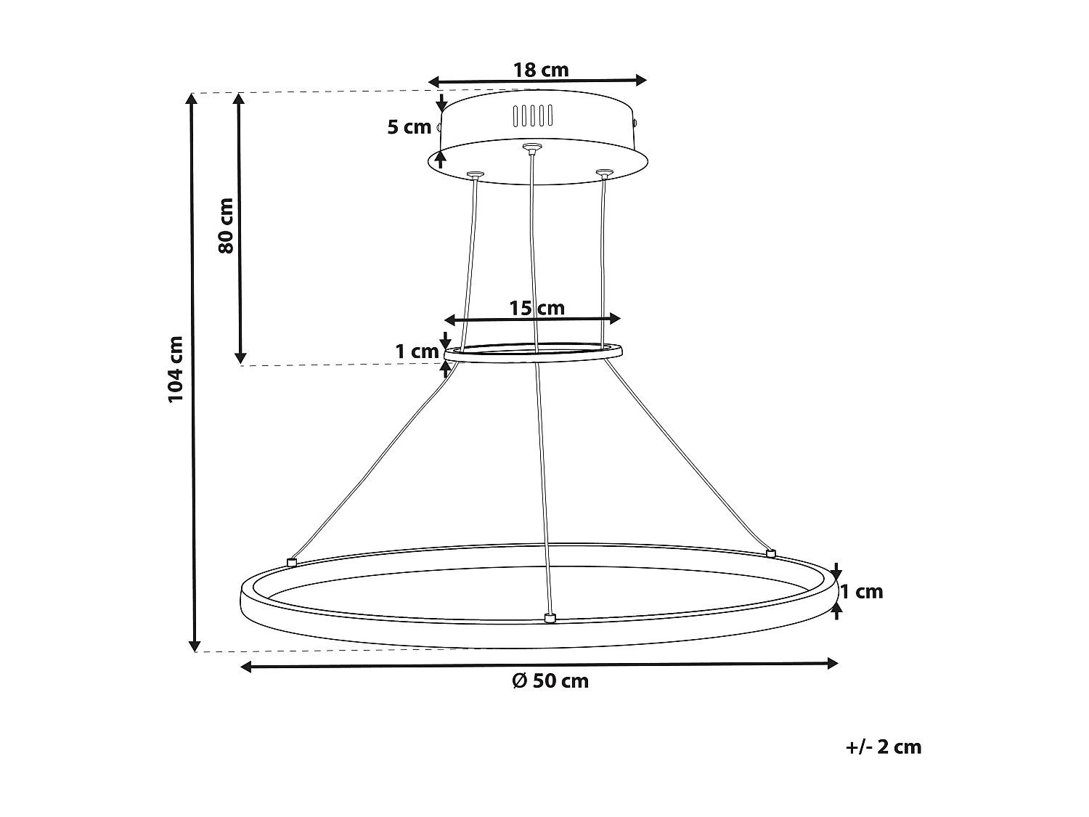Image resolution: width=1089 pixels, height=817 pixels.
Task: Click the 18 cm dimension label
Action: point(541,70)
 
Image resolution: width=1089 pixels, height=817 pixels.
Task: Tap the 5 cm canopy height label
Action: point(409,127)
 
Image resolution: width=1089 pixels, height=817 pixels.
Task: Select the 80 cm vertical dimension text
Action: point(226,225)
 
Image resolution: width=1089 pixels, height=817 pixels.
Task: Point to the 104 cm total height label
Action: point(176,370)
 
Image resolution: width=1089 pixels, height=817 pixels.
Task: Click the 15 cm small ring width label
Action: point(537,308)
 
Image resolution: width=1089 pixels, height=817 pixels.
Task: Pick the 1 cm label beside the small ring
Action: point(417,351)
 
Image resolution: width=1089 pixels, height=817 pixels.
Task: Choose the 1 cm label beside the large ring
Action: point(862,591)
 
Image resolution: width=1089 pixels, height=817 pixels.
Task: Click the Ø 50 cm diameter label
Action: point(550,681)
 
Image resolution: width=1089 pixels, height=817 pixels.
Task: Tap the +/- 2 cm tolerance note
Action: point(884,747)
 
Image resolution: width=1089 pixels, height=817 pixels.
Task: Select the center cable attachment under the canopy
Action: point(532,149)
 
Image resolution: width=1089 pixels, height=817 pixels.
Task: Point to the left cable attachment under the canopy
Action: point(476,175)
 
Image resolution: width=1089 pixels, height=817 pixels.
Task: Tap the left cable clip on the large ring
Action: point(292,562)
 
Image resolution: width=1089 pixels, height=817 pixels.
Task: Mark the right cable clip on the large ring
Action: point(771,553)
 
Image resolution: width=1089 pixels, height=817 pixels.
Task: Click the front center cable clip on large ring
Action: point(550,618)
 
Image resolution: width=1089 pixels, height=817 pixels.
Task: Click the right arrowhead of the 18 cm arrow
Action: point(640,80)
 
